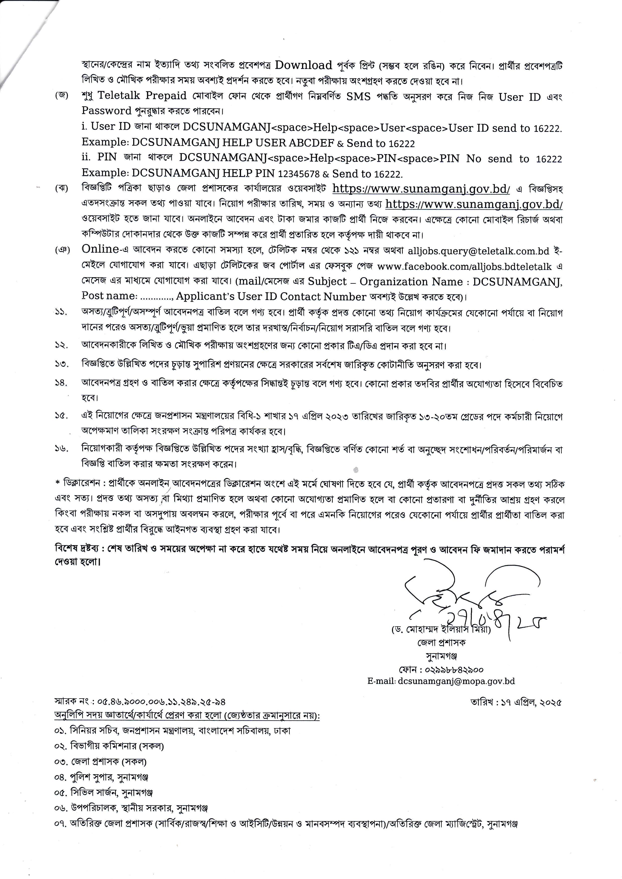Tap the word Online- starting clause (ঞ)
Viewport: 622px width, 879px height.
click(100, 249)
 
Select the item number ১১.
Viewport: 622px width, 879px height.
click(61, 312)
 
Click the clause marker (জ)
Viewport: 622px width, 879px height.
click(61, 96)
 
